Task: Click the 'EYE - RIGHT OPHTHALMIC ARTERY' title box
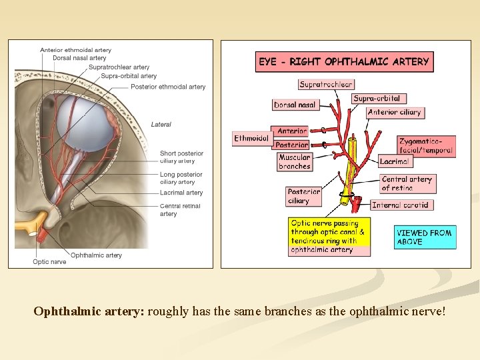(x=344, y=62)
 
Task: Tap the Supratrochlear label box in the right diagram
(x=326, y=85)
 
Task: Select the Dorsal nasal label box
(x=295, y=105)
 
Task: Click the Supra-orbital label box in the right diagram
(x=377, y=99)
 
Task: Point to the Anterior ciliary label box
(x=395, y=113)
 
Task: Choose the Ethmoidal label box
(x=251, y=139)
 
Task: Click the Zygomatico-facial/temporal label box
(x=426, y=146)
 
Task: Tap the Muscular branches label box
(x=294, y=162)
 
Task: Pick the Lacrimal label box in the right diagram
(x=395, y=161)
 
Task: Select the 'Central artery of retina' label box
(x=407, y=183)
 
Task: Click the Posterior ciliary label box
(x=304, y=196)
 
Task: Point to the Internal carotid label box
(x=400, y=205)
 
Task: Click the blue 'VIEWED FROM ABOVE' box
(x=425, y=237)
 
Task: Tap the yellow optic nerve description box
(x=329, y=237)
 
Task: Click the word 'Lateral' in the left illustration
(x=161, y=125)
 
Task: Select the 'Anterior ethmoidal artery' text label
(x=75, y=50)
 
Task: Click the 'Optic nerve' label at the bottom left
(x=49, y=262)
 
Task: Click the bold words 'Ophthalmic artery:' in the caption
(x=89, y=311)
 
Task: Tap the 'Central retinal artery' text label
(x=180, y=210)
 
